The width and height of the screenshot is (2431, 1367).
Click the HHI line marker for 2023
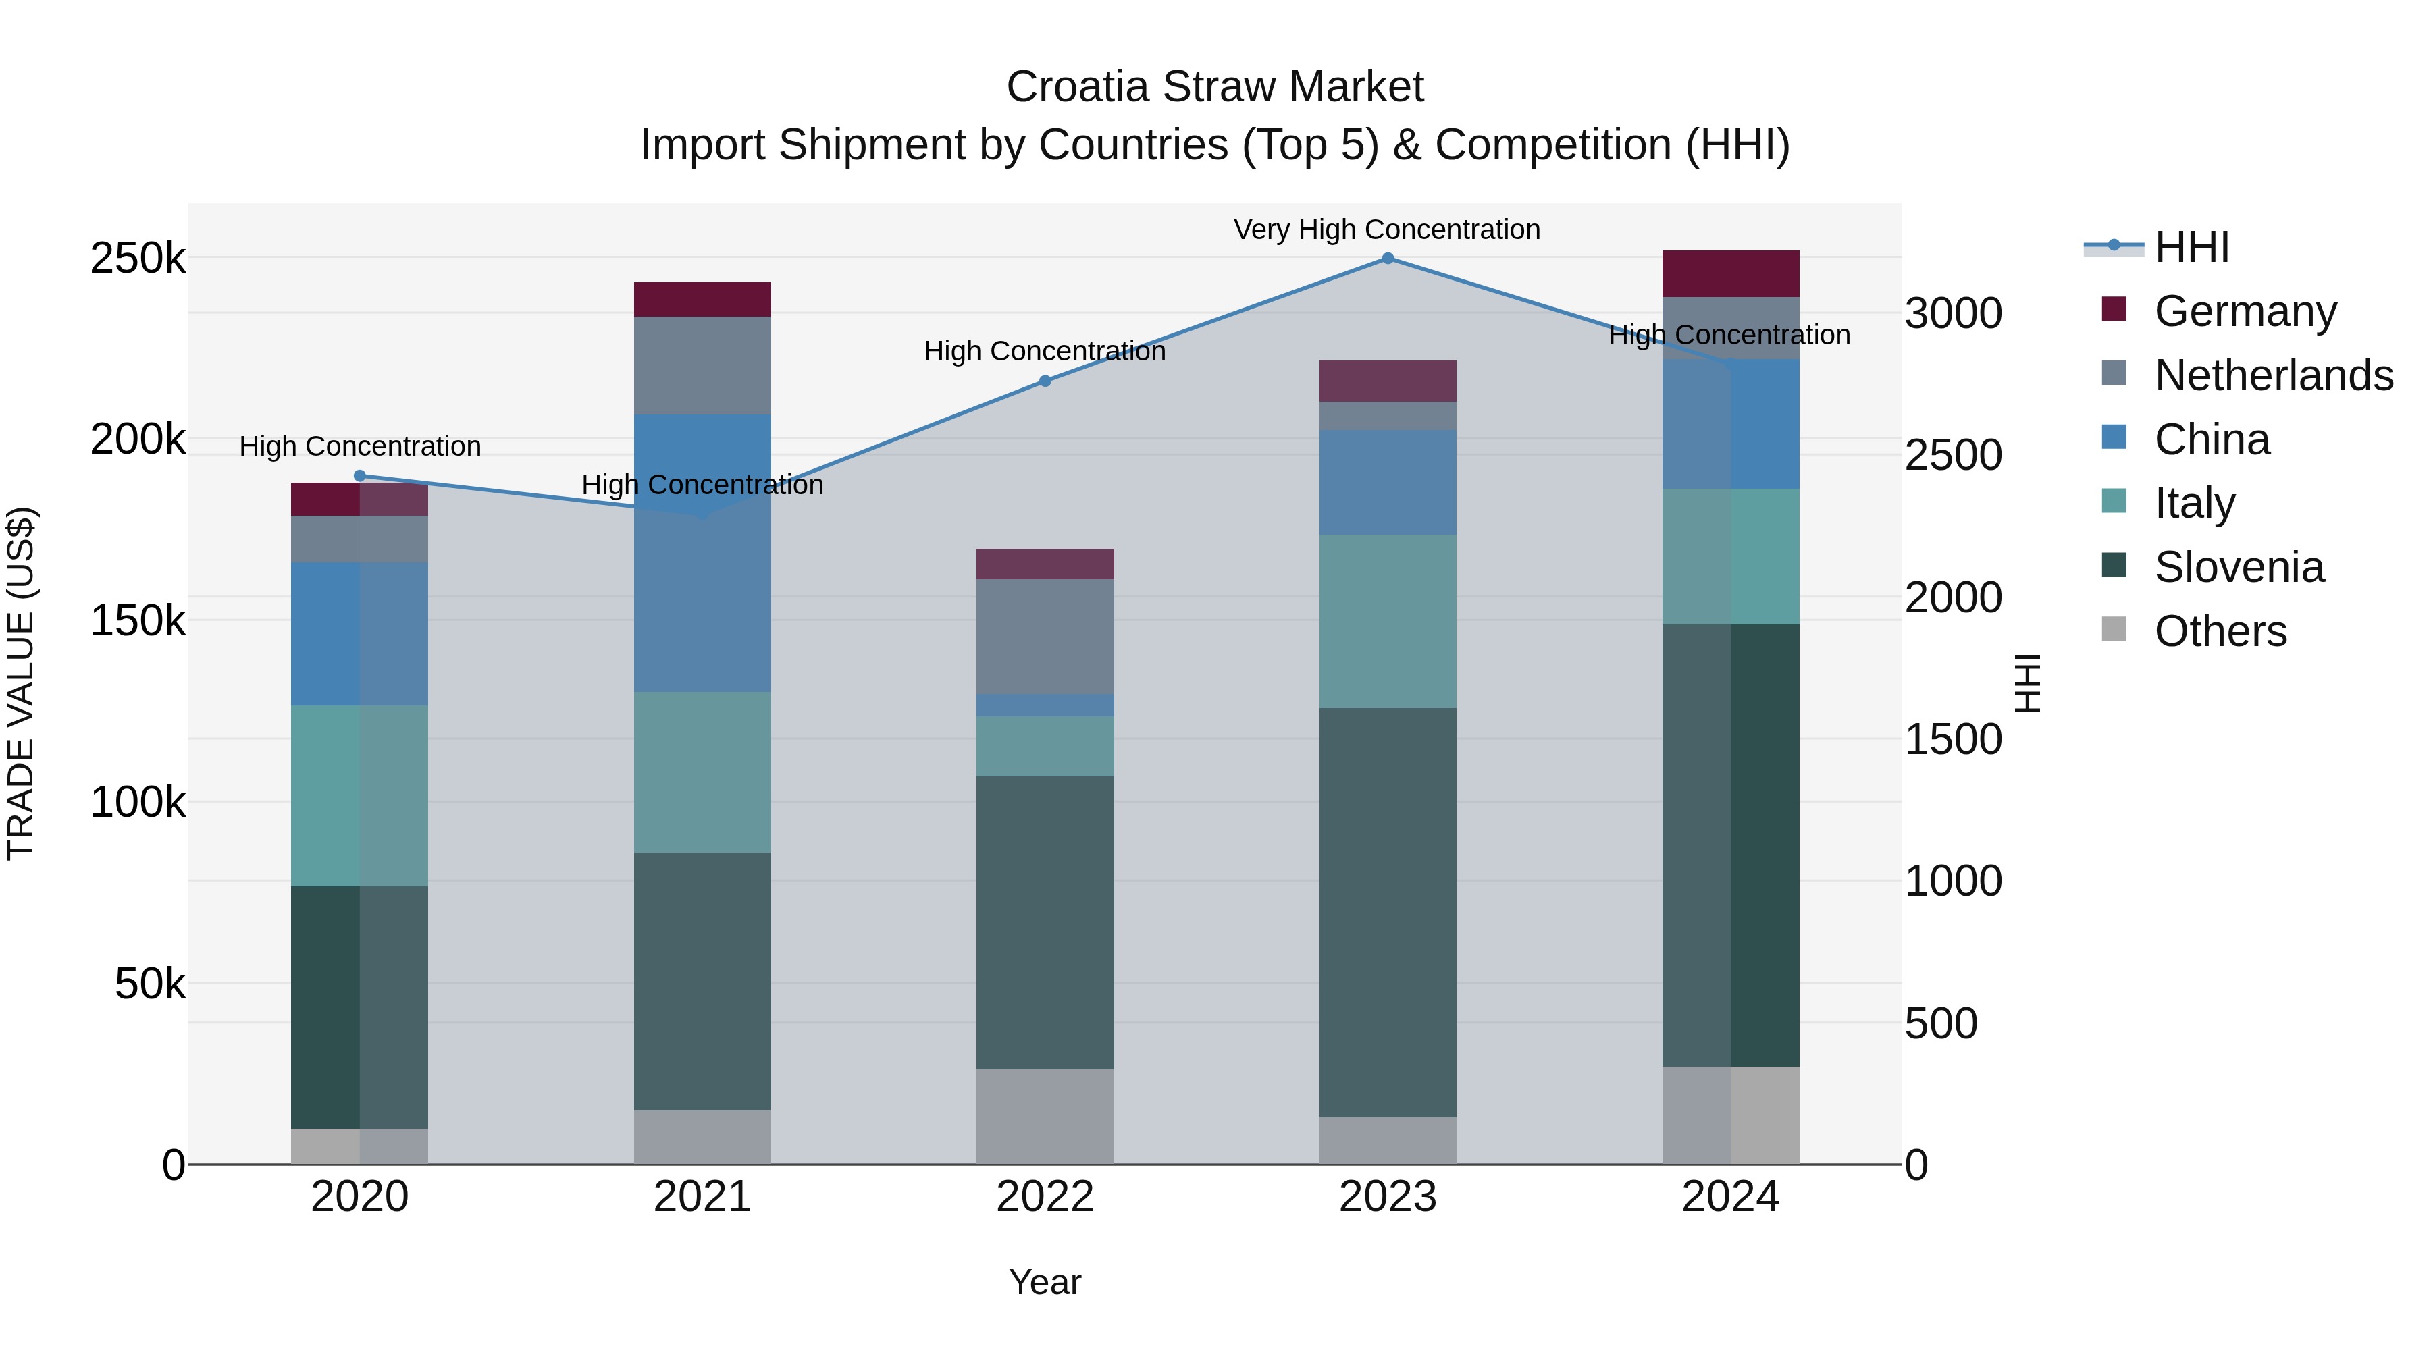coord(1387,258)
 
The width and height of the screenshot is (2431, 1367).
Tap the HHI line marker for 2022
coord(1045,381)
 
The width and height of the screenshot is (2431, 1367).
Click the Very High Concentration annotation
coord(1386,230)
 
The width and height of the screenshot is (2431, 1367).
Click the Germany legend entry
coord(2244,311)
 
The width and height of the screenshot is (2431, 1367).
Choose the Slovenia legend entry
coord(2239,567)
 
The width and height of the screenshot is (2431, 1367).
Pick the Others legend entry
coord(2220,631)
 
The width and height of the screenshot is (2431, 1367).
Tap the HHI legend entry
coord(2191,246)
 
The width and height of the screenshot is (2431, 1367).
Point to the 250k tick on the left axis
coord(138,258)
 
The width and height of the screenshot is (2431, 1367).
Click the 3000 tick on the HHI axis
coord(1952,313)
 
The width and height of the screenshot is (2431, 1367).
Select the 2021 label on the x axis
coord(702,1196)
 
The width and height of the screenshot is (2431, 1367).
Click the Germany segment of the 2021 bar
coord(702,299)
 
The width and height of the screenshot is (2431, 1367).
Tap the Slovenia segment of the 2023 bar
coord(1387,912)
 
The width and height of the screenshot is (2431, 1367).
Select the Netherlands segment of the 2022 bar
coord(1045,637)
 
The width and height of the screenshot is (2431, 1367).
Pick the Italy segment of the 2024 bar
coord(1730,557)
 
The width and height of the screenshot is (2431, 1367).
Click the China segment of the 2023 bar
coord(1387,482)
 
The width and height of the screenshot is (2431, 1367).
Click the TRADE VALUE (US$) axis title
coord(21,683)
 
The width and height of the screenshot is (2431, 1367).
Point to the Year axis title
coord(1045,1282)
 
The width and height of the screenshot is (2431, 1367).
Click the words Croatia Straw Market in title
coord(1215,87)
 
